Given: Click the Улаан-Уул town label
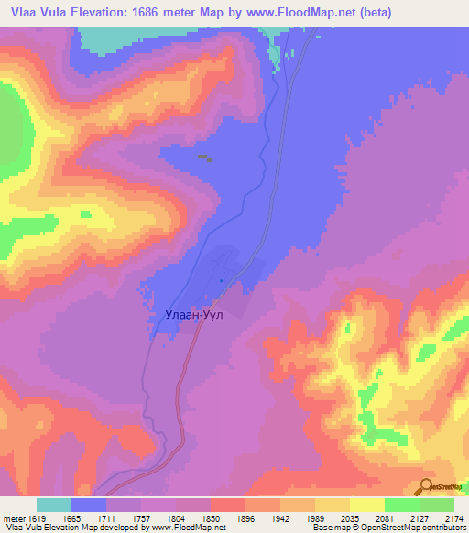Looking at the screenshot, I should pyautogui.click(x=194, y=314).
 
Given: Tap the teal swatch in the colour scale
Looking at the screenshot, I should pyautogui.click(x=54, y=506).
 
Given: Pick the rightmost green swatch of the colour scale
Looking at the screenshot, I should pyautogui.click(x=436, y=506).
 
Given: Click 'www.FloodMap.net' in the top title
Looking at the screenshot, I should pyautogui.click(x=308, y=13).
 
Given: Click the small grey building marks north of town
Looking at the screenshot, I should pyautogui.click(x=204, y=158).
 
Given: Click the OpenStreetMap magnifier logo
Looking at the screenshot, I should pyautogui.click(x=425, y=486).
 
